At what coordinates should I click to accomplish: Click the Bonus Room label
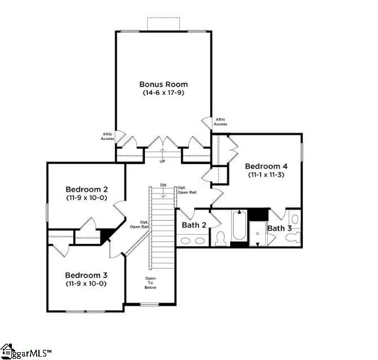pos(164,85)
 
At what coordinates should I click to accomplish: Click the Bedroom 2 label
pos(87,189)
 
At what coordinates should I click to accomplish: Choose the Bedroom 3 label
pos(86,275)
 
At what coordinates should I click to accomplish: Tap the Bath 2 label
pos(193,226)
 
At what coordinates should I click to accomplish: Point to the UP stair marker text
pos(163,161)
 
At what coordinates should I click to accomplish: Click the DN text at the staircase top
pos(163,185)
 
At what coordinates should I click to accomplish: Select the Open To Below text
pos(150,283)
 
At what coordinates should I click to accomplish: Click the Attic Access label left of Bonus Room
pos(108,137)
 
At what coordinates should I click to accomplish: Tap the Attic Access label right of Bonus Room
pos(221,122)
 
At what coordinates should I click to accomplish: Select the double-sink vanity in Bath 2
pos(193,241)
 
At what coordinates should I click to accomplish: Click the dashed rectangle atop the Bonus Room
pos(164,24)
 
